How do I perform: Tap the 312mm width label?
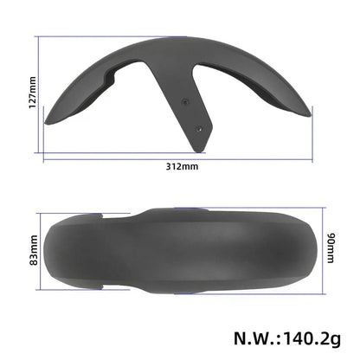coord(179,167)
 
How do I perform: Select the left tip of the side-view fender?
coord(48,122)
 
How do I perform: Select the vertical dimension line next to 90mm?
coord(322,248)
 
